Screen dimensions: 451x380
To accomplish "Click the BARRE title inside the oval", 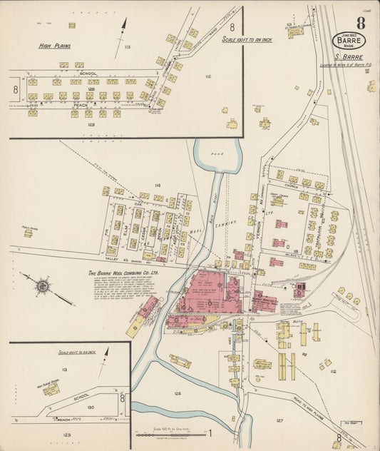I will point(351,41).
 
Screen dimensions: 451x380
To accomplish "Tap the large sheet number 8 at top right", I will point(361,22).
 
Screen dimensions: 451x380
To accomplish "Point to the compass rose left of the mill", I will point(43,286).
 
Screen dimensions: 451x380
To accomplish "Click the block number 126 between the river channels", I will point(177,393).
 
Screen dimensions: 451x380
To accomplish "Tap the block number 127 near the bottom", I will point(279,420).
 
